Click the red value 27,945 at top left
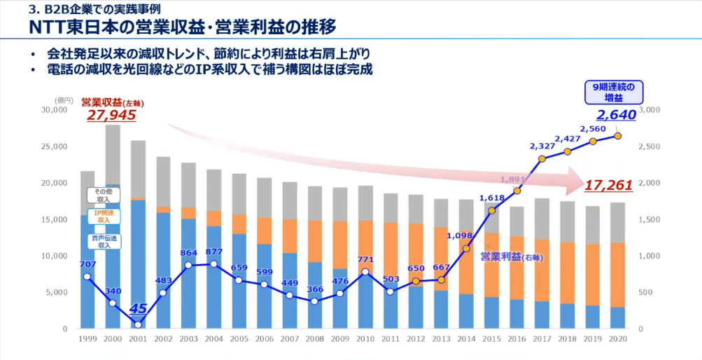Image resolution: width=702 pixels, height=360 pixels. (111, 116)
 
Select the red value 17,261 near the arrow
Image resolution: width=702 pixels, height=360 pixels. (609, 186)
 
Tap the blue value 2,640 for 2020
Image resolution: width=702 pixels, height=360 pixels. (616, 116)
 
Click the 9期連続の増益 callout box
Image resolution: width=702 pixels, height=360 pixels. (614, 92)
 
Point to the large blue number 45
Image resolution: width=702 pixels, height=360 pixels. (137, 307)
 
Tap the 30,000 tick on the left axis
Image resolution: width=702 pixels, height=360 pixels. (55, 110)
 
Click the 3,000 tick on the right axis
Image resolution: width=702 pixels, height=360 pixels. (650, 110)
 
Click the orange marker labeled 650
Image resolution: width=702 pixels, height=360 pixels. (415, 282)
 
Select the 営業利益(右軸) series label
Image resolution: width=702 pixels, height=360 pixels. (512, 257)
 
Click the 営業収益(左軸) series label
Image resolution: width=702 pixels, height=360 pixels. (113, 102)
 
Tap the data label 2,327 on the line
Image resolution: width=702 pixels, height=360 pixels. (542, 146)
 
